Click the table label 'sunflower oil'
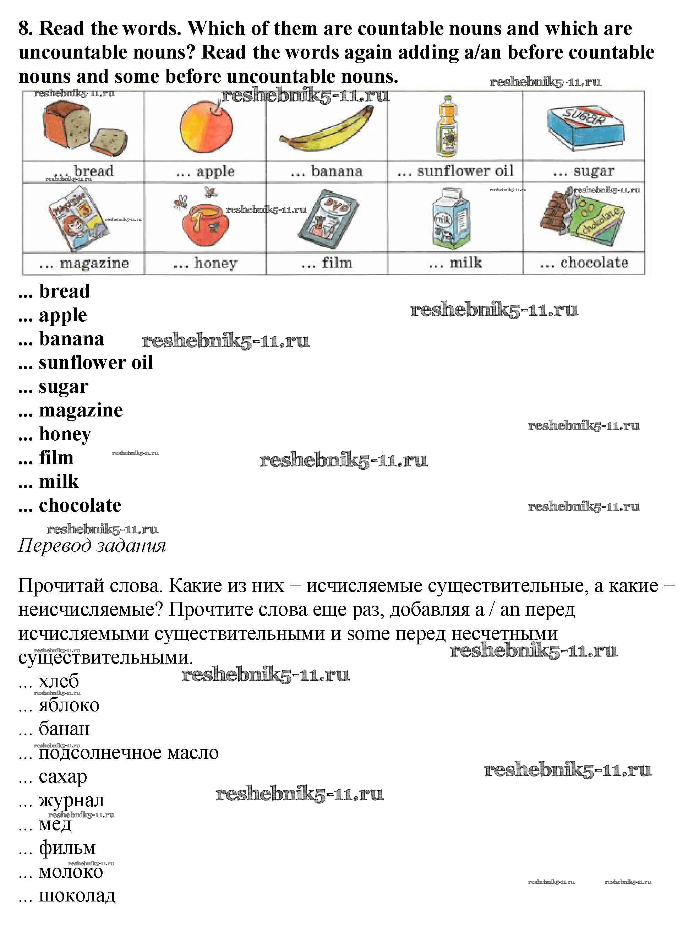click(x=465, y=171)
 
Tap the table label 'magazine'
click(x=94, y=263)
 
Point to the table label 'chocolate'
click(x=594, y=263)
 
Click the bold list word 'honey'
click(x=65, y=434)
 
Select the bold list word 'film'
click(x=56, y=458)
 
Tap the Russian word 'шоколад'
click(x=77, y=895)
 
